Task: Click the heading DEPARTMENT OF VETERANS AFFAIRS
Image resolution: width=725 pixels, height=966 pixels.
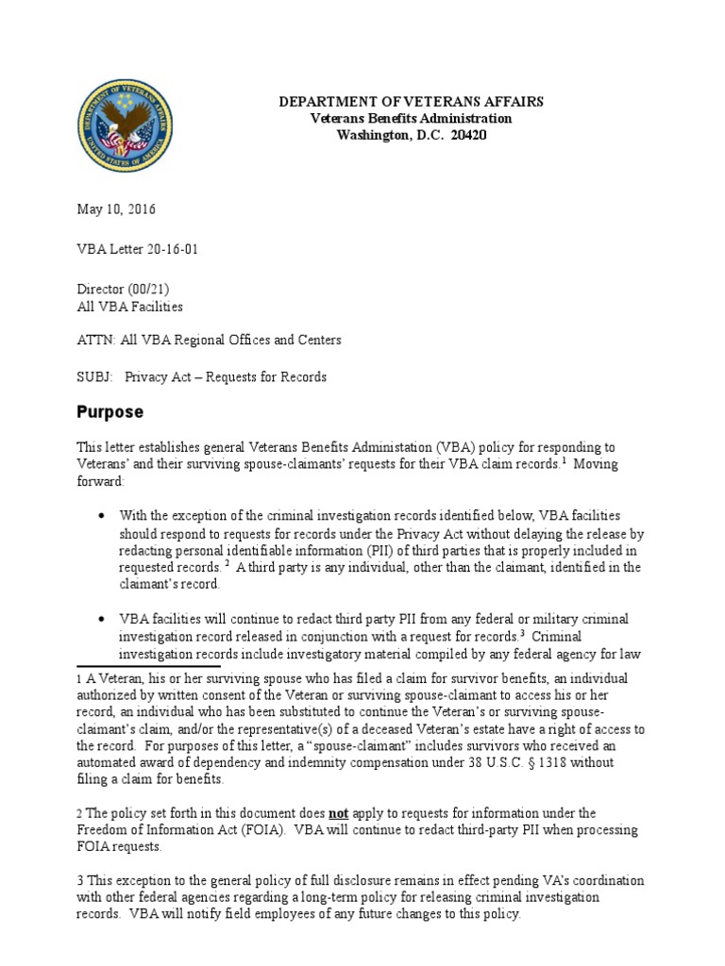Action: pos(411,102)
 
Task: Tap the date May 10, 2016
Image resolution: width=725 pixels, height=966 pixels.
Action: pos(116,209)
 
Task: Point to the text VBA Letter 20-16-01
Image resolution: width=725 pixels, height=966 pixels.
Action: pos(137,249)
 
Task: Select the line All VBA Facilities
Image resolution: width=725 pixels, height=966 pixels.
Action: pos(129,307)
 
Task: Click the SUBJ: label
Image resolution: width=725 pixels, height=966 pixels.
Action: pos(94,376)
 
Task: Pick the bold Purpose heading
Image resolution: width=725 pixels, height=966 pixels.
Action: pos(110,412)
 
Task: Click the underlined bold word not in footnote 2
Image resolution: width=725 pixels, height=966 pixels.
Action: pos(339,812)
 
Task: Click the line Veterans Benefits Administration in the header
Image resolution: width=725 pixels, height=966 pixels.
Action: pos(412,119)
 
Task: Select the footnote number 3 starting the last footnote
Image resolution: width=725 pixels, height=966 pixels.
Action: pos(79,881)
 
